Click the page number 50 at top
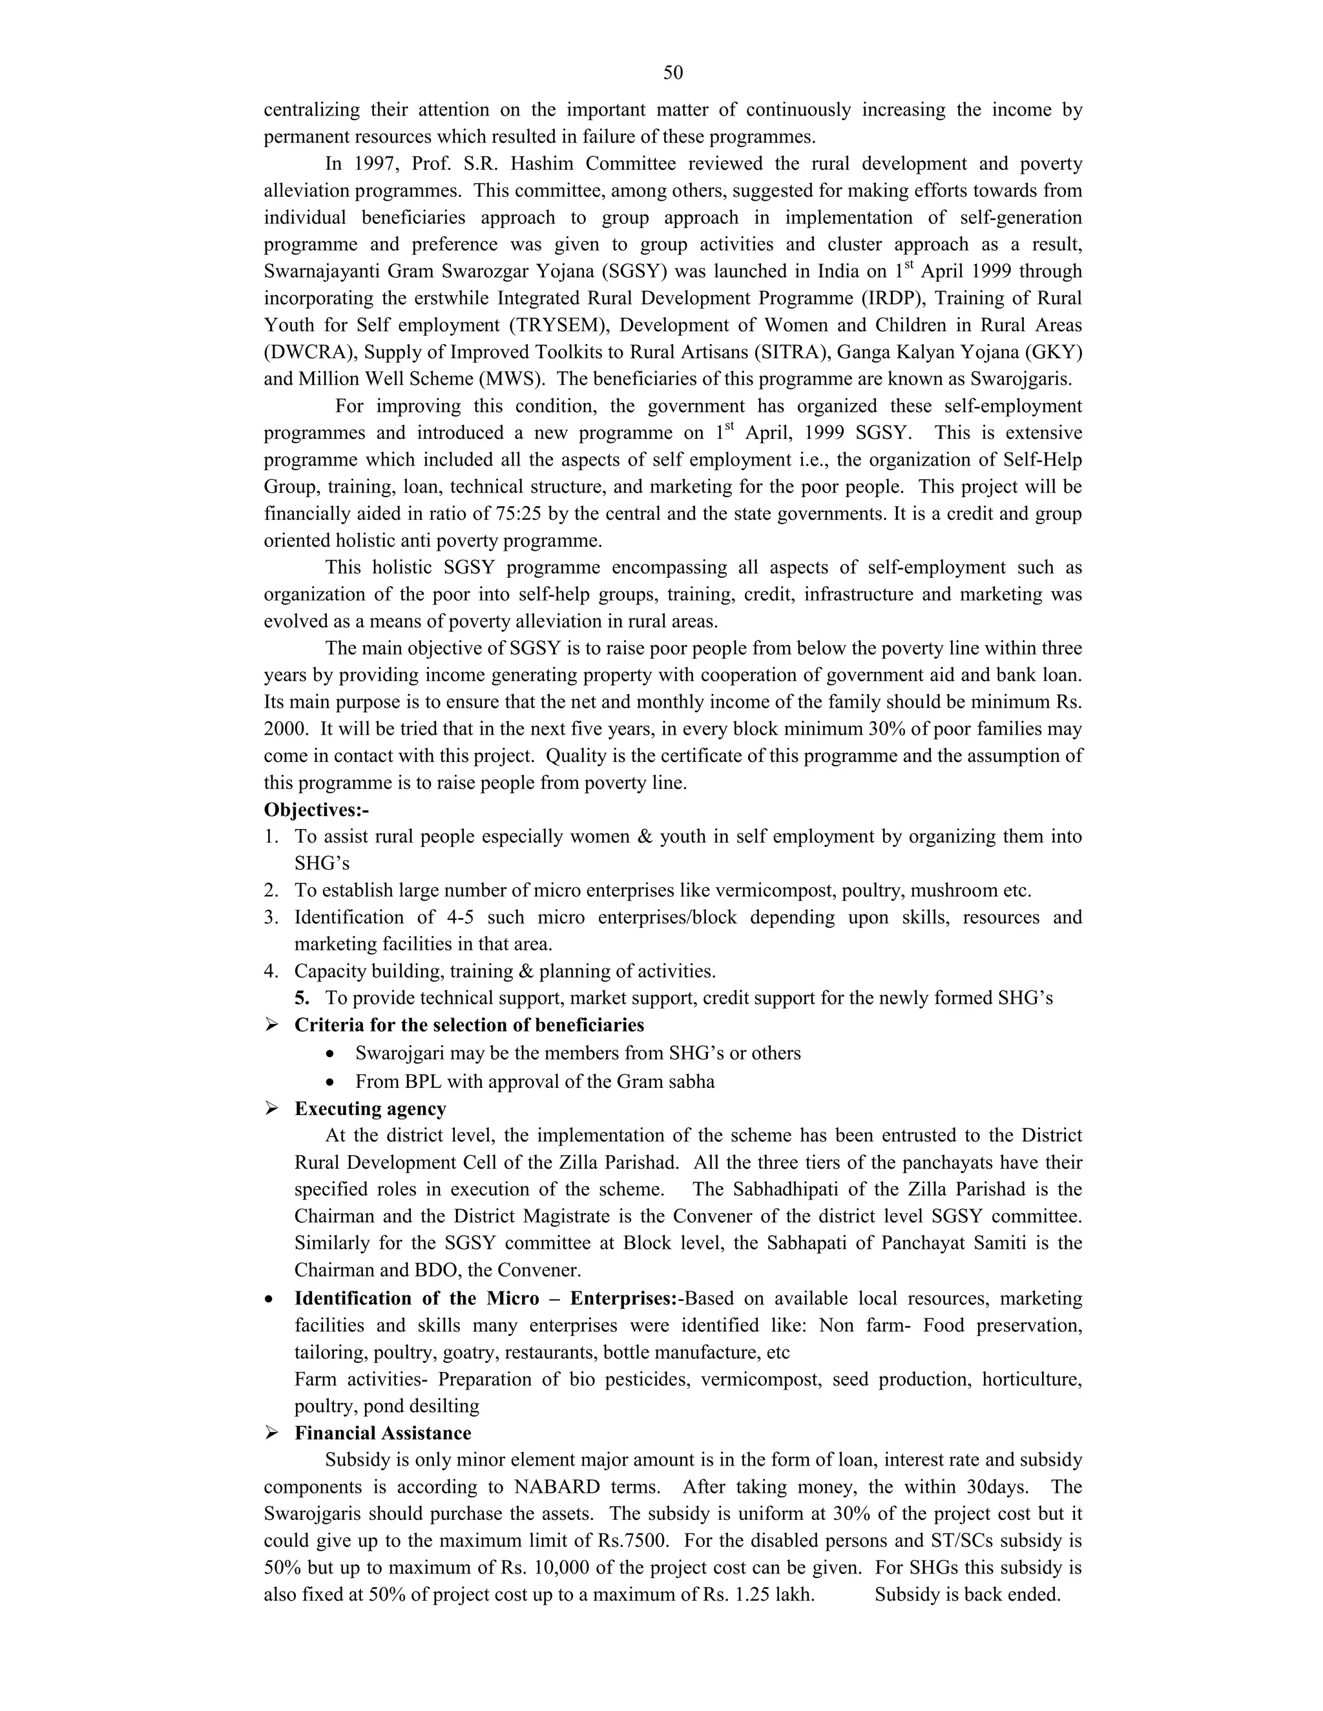(x=672, y=73)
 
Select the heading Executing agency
(x=370, y=1109)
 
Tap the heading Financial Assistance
(x=382, y=1433)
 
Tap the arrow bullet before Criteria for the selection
(x=271, y=1025)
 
